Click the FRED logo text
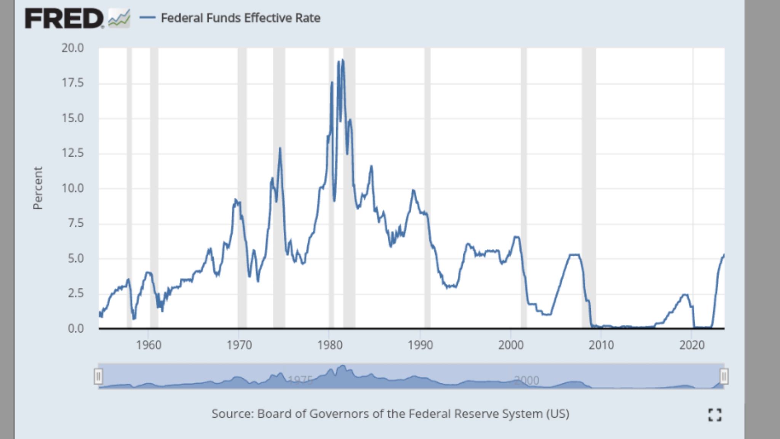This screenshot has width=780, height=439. point(64,18)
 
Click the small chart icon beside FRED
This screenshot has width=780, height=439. point(119,18)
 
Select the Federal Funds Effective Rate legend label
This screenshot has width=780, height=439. point(240,18)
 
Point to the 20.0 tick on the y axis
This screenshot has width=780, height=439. point(72,48)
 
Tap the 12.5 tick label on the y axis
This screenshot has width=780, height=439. point(72,153)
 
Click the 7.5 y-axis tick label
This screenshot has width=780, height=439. point(75,223)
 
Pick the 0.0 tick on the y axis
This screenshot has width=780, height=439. point(75,328)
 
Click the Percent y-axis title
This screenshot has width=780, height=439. point(38,188)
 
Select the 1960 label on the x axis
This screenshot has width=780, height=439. point(149,345)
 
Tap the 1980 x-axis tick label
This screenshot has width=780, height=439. point(330,345)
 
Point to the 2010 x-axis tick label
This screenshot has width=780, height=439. point(601,345)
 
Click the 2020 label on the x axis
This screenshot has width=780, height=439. point(692,345)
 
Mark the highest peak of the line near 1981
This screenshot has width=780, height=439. point(343,60)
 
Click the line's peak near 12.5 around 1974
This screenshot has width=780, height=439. point(280,148)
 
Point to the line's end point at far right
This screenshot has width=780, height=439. point(724,255)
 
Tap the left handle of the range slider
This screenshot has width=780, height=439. point(98,377)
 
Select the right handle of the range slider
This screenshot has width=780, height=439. point(724,377)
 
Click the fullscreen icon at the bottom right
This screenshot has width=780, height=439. point(714,415)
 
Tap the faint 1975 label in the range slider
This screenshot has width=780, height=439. point(300,380)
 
